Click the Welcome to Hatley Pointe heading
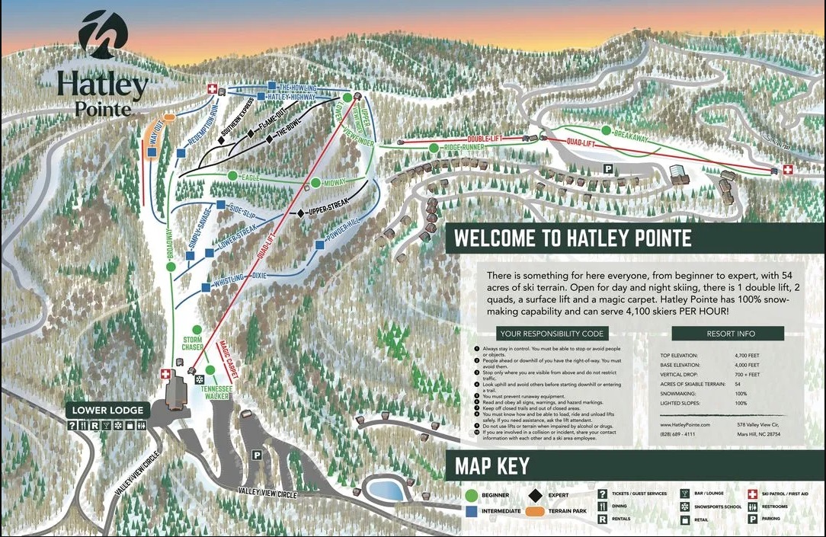pyautogui.click(x=572, y=238)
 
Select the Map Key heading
pyautogui.click(x=491, y=465)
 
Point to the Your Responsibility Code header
pyautogui.click(x=552, y=333)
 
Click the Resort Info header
pyautogui.click(x=727, y=333)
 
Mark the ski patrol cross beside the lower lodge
pyautogui.click(x=165, y=374)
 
